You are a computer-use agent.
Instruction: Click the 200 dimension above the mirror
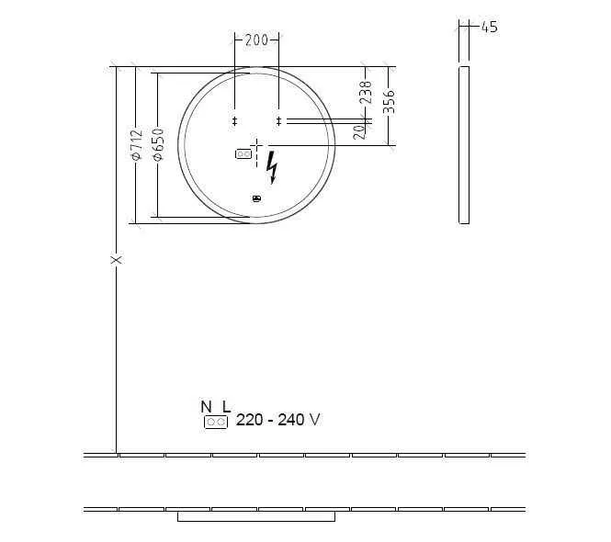pyautogui.click(x=257, y=40)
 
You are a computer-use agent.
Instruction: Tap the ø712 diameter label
pyautogui.click(x=136, y=145)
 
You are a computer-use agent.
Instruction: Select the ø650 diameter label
pyautogui.click(x=157, y=145)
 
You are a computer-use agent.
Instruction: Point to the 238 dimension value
pyautogui.click(x=366, y=92)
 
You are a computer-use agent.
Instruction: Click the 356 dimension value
pyautogui.click(x=389, y=100)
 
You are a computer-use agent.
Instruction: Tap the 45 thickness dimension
pyautogui.click(x=489, y=28)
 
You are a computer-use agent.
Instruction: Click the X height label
pyautogui.click(x=117, y=260)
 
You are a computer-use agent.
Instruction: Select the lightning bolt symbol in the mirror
pyautogui.click(x=271, y=167)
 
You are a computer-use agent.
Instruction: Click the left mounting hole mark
pyautogui.click(x=234, y=120)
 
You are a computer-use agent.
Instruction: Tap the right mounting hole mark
pyautogui.click(x=278, y=120)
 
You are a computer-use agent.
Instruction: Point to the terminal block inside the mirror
pyautogui.click(x=243, y=154)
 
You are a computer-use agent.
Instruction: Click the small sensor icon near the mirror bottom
pyautogui.click(x=256, y=198)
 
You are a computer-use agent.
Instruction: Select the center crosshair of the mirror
pyautogui.click(x=256, y=145)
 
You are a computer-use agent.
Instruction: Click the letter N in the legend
pyautogui.click(x=207, y=406)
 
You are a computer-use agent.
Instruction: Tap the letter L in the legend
pyautogui.click(x=226, y=406)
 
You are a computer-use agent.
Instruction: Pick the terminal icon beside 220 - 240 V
pyautogui.click(x=216, y=422)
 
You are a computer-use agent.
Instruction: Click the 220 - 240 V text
pyautogui.click(x=278, y=420)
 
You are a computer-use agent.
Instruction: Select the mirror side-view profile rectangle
pyautogui.click(x=464, y=144)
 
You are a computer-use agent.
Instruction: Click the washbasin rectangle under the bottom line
pyautogui.click(x=255, y=516)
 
